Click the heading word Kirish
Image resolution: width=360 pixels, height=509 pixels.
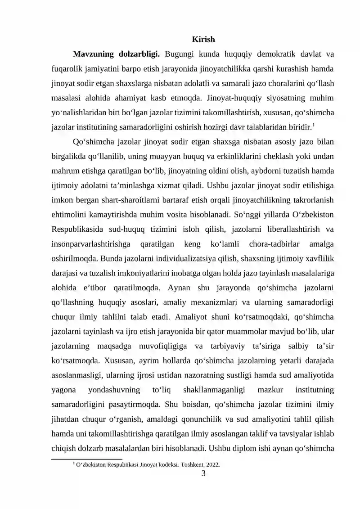pos(203,40)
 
